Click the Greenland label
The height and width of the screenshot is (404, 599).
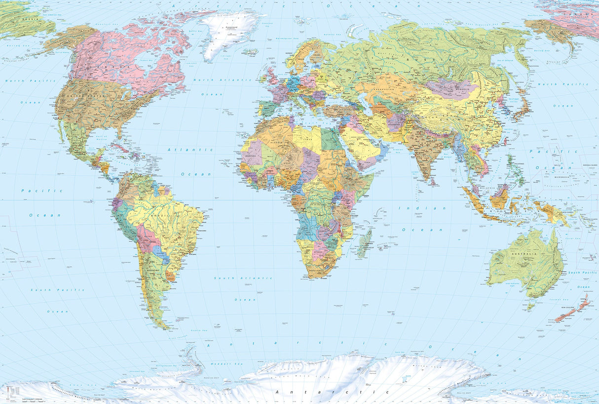coord(231,28)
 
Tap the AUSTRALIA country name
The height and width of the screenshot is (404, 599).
coord(527,254)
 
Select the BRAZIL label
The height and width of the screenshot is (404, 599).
coord(171,216)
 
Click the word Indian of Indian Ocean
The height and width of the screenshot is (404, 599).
coord(422,208)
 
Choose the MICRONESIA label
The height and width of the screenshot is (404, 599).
coord(564,176)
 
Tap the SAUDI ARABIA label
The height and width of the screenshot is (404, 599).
coord(356,140)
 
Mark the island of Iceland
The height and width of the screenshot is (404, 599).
coord(250,51)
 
